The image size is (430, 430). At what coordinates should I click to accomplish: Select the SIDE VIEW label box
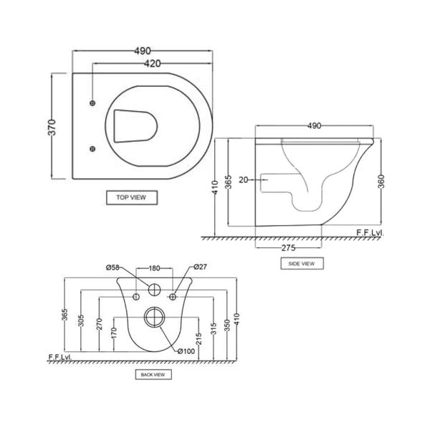[302, 264]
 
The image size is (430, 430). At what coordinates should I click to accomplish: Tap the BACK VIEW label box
[154, 374]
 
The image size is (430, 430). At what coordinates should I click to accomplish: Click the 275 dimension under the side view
[288, 248]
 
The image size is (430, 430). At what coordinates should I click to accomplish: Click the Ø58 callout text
[113, 268]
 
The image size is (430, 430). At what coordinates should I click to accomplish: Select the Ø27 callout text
[200, 268]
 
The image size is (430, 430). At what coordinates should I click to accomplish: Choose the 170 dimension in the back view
[113, 331]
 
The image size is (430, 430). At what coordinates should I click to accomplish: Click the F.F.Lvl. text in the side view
[369, 233]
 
